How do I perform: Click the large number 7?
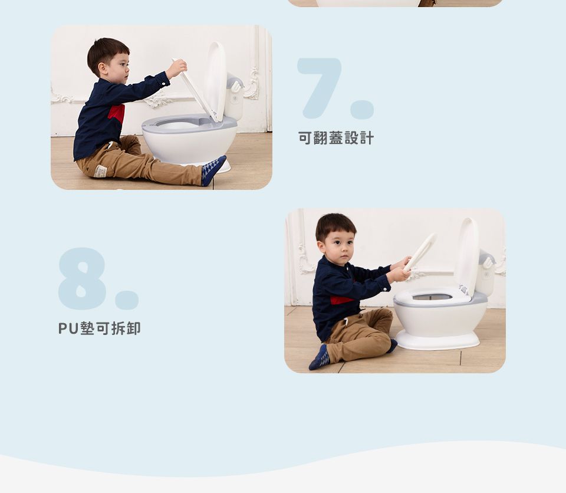318,86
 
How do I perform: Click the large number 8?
82,278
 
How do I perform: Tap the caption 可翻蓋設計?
335,139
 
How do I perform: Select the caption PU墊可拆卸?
99,328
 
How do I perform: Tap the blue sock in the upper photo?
212,170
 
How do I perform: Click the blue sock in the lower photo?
320,358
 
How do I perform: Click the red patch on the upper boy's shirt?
117,113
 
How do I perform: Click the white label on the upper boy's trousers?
100,171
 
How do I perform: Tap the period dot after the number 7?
362,110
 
